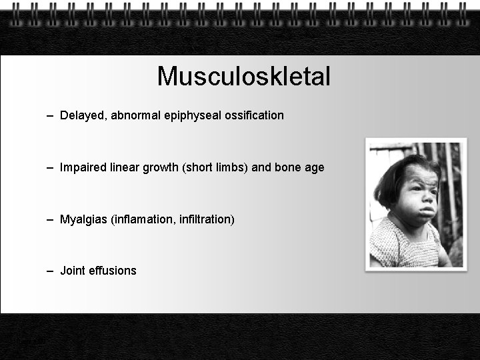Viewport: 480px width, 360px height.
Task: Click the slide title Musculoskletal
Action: (243, 77)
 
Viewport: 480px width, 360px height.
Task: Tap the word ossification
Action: (255, 115)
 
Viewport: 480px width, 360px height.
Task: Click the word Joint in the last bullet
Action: (71, 271)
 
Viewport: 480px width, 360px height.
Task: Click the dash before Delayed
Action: (51, 116)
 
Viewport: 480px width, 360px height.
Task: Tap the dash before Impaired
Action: (51, 168)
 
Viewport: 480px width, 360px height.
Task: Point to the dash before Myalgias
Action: (51, 219)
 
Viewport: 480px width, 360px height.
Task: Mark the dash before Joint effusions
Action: (51, 271)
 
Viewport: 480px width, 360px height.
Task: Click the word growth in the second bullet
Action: (161, 168)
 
